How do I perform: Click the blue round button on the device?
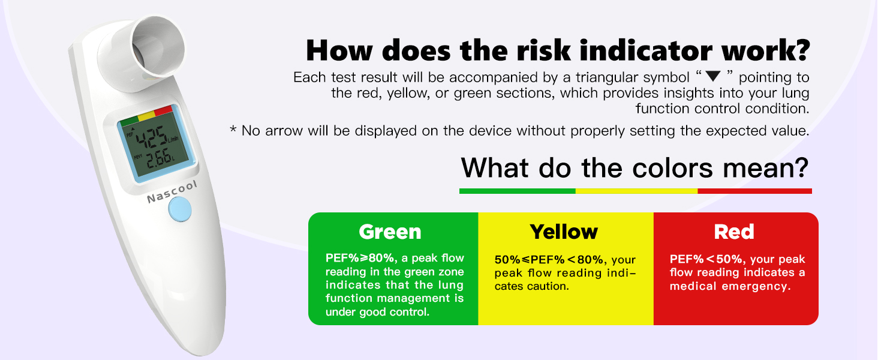pos(180,209)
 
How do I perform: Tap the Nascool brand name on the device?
pos(172,192)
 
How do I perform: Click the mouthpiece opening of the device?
pos(158,46)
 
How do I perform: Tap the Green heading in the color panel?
pos(390,232)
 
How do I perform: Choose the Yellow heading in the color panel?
pos(564,232)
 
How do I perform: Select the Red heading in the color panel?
pos(733,232)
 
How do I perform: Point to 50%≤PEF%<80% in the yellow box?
pos(549,260)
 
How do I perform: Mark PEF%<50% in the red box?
pos(706,259)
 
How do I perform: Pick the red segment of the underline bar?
pos(754,191)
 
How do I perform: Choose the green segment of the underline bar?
pos(518,191)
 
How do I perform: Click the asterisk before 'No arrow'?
pos(233,128)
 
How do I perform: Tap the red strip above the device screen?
pos(164,110)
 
